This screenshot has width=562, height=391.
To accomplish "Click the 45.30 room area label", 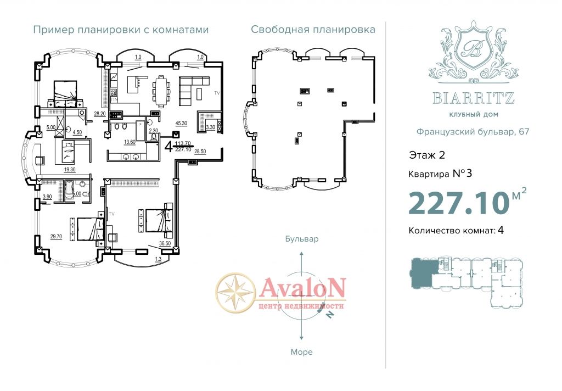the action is point(181,123).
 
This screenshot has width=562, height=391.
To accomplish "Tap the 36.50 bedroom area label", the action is point(165,243).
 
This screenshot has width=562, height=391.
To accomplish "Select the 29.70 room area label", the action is point(56,236).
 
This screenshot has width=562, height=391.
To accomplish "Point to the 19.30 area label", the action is point(70,170).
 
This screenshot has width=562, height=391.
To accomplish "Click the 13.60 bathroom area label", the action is point(130,142).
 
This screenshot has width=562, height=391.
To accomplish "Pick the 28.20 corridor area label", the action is point(100,114).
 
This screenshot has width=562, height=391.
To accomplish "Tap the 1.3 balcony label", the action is point(158,259).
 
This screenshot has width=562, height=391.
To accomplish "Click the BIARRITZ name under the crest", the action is point(474,98).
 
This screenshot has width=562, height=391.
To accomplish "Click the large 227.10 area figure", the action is point(459,203).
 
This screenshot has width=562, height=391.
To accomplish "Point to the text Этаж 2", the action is point(427,155).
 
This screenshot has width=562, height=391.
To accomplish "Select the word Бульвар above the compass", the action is point(302,239).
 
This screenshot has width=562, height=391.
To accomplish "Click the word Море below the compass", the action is point(301,352).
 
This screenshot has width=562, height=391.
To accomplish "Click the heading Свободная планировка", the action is point(313,30).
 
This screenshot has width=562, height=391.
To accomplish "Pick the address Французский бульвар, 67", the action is point(473,132).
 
